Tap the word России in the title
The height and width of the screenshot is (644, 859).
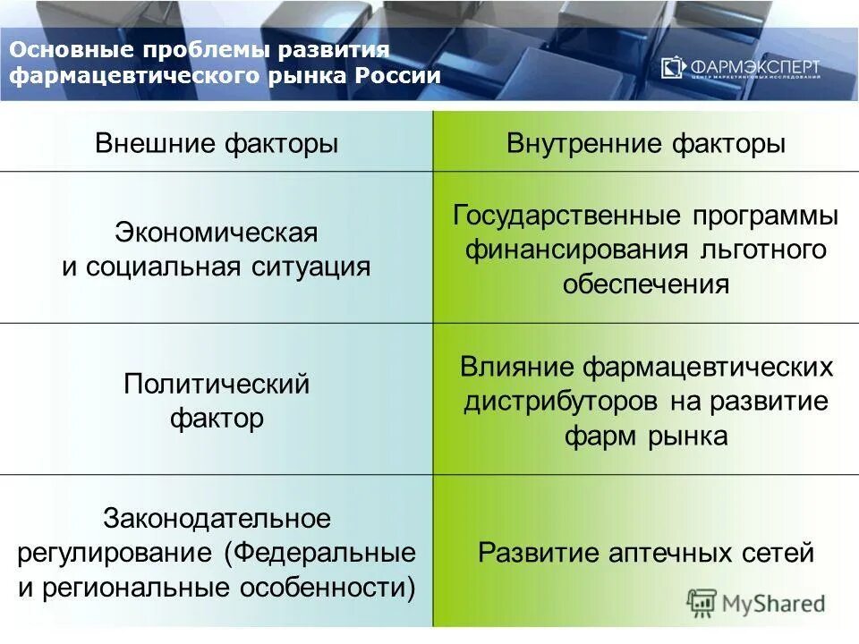coord(397,75)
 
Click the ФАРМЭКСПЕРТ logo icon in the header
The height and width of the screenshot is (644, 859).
coord(673,68)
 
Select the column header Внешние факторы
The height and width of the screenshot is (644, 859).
coord(217,144)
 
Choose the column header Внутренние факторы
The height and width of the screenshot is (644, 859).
coord(646,144)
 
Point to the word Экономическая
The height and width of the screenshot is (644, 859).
coord(217,234)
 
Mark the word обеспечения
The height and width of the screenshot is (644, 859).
coord(646,284)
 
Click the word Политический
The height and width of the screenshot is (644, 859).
coord(217,385)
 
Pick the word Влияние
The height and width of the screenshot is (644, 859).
coord(518,367)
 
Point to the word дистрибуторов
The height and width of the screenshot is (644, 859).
coord(562,401)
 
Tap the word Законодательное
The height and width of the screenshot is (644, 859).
coord(217,518)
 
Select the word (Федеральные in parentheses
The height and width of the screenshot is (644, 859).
coord(319,552)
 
